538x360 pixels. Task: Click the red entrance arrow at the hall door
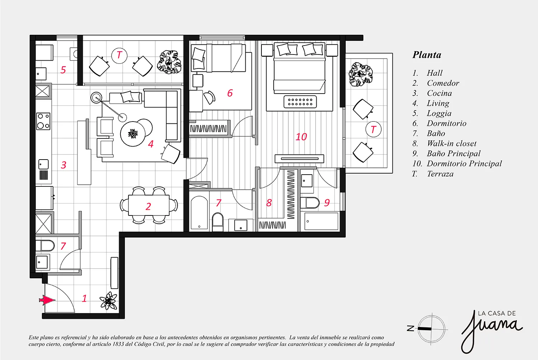pyautogui.click(x=47, y=300)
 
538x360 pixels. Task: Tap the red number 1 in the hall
pyautogui.click(x=84, y=299)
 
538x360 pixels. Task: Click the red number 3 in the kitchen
pyautogui.click(x=63, y=165)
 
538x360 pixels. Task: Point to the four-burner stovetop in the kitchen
pyautogui.click(x=43, y=121)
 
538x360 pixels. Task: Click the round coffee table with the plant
pyautogui.click(x=133, y=134)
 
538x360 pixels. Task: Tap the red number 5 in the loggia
pyautogui.click(x=63, y=70)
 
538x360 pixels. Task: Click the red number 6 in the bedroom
pyautogui.click(x=230, y=93)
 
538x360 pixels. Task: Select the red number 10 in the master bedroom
pyautogui.click(x=301, y=137)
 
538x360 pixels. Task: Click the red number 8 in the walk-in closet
pyautogui.click(x=269, y=203)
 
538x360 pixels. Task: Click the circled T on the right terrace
pyautogui.click(x=373, y=129)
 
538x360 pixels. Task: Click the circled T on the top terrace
pyautogui.click(x=119, y=55)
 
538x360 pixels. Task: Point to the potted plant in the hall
pyautogui.click(x=109, y=301)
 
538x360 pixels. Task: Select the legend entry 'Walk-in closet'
pyautogui.click(x=452, y=144)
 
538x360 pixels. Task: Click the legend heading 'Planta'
pyautogui.click(x=427, y=55)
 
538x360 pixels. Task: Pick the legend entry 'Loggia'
pyautogui.click(x=439, y=113)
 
